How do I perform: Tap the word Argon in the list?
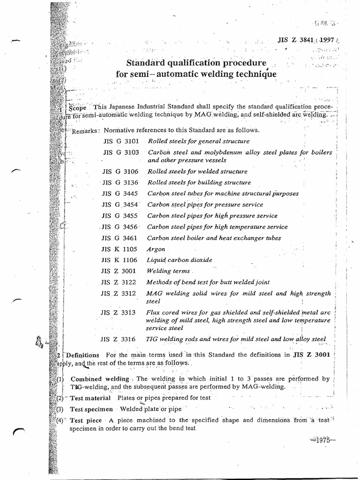(x=156, y=249)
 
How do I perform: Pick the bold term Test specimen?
(x=92, y=409)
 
